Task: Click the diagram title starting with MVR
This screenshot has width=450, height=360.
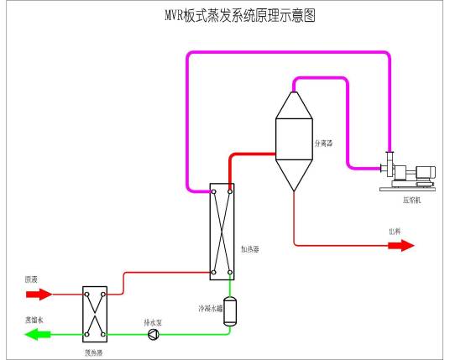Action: (x=228, y=15)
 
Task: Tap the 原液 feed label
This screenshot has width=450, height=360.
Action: (x=33, y=278)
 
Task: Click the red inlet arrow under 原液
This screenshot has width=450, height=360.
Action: (x=38, y=295)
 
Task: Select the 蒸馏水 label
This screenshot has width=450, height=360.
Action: (x=34, y=321)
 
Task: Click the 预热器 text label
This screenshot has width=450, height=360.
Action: (x=93, y=353)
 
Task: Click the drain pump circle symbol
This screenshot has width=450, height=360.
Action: (x=153, y=335)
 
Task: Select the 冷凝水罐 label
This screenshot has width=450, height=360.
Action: (x=210, y=308)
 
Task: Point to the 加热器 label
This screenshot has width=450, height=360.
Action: (x=251, y=249)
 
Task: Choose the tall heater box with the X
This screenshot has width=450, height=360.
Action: (x=222, y=231)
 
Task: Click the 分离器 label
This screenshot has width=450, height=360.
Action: (x=323, y=143)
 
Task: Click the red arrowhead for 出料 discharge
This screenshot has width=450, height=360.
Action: (x=406, y=246)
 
